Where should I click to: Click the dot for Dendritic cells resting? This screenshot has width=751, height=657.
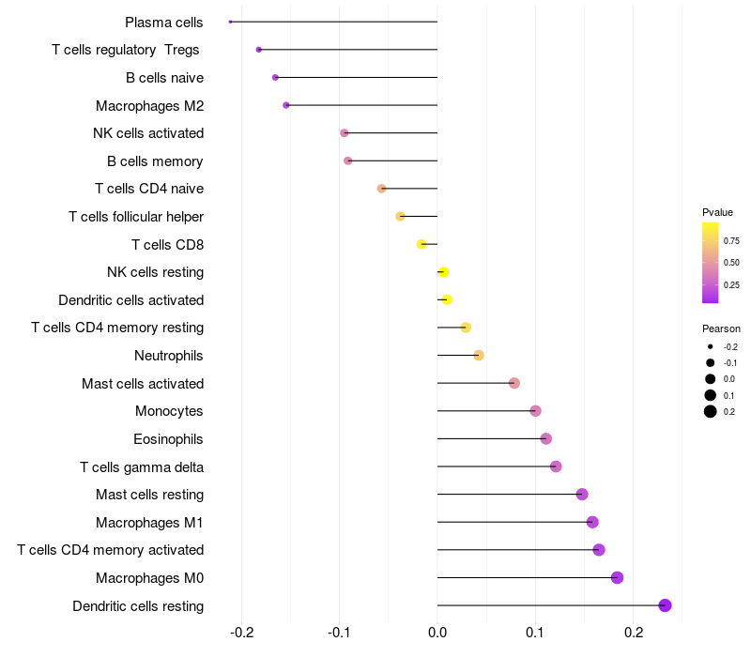tap(666, 605)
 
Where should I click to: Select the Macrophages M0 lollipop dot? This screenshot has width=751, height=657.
tap(617, 577)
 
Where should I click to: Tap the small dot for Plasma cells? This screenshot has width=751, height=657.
tap(230, 22)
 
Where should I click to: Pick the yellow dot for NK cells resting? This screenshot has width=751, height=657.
tap(443, 272)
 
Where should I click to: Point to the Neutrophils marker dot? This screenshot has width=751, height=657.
tap(479, 356)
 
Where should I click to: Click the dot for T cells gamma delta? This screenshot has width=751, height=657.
tap(556, 466)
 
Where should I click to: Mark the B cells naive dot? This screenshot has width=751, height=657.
tap(275, 77)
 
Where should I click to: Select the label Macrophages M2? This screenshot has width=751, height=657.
tap(149, 105)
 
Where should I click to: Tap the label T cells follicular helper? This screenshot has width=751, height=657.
tap(136, 217)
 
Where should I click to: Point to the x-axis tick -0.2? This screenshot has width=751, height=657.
tap(242, 631)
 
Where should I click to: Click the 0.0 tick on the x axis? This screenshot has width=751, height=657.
tap(437, 631)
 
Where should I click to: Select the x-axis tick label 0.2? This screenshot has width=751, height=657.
tap(634, 631)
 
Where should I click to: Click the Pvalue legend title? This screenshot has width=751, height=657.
tap(718, 212)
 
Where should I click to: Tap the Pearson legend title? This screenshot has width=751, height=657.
tap(721, 328)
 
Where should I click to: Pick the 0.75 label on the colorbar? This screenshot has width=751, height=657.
tap(731, 241)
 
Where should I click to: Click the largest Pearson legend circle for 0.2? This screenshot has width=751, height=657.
tap(711, 411)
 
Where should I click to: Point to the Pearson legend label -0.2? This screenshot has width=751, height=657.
tap(730, 347)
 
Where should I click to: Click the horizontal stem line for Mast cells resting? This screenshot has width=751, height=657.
tap(507, 495)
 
